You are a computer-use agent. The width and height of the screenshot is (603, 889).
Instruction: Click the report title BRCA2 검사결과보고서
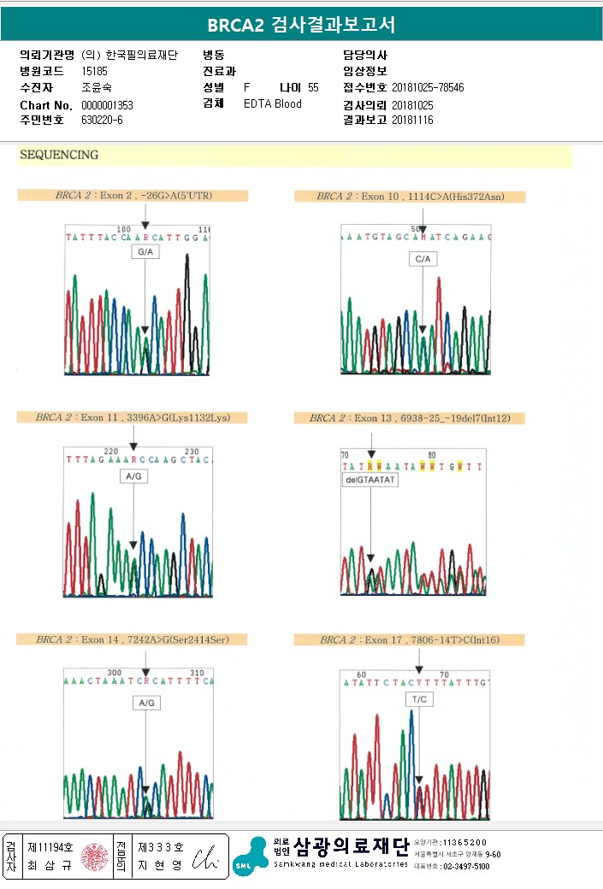[x=301, y=24]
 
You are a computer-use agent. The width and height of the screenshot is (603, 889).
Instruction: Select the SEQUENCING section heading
[x=59, y=156]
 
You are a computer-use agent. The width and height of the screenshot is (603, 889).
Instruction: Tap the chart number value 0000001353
[x=107, y=105]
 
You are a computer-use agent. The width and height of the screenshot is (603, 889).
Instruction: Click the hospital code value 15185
[x=94, y=71]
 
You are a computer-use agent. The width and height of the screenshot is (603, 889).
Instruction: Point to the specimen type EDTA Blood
[x=272, y=104]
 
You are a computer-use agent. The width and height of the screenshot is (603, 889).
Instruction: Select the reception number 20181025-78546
[x=428, y=88]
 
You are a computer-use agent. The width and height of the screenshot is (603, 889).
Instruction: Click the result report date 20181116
[x=412, y=121]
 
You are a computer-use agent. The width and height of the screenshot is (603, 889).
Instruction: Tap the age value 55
[x=313, y=88]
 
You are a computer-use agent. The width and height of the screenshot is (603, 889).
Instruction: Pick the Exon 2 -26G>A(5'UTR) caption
[x=133, y=196]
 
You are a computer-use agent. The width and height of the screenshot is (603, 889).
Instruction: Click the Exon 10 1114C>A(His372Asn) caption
[x=410, y=197]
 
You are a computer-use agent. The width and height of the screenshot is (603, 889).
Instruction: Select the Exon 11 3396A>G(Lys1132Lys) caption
[x=133, y=418]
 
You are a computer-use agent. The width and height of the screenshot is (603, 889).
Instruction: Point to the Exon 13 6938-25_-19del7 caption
[x=410, y=418]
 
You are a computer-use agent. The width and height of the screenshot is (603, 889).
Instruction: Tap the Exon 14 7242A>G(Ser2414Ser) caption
[x=133, y=639]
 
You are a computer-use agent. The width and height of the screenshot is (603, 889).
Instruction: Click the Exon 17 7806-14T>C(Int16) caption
[x=410, y=639]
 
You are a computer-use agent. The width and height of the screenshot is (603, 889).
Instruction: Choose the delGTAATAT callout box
[x=370, y=481]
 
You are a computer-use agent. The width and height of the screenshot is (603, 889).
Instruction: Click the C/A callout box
[x=423, y=259]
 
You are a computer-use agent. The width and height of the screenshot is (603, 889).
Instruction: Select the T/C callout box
[x=419, y=699]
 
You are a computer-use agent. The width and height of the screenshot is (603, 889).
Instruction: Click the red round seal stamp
[x=95, y=857]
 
